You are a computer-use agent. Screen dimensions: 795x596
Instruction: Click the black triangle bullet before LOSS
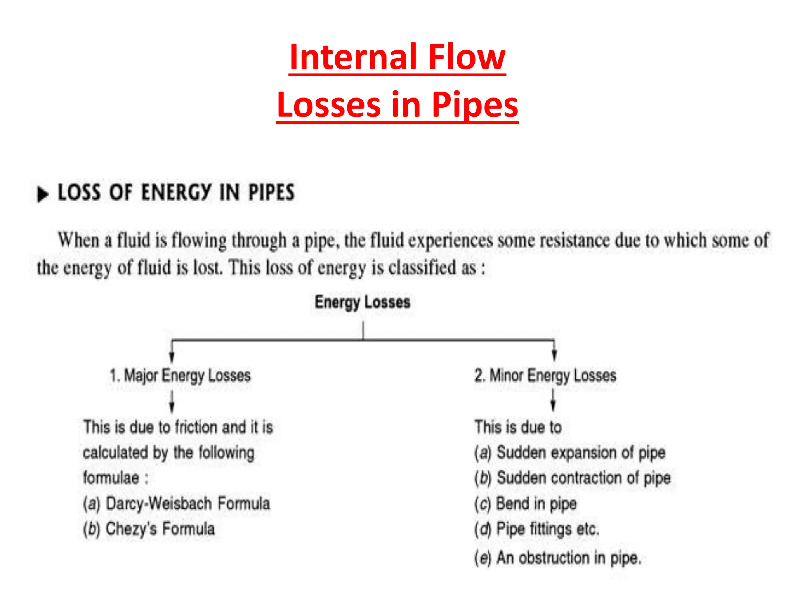coord(42,194)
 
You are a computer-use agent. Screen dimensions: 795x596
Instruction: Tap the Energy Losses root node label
coord(362,302)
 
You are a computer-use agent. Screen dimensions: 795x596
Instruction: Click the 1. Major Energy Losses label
coord(180,376)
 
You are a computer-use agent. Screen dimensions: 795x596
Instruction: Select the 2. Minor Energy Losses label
coord(545,376)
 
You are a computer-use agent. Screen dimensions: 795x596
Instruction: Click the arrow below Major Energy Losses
coord(172,402)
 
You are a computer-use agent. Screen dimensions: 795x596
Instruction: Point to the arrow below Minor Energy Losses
coord(553,400)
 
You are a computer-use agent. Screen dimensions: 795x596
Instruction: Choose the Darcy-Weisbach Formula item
coord(177,504)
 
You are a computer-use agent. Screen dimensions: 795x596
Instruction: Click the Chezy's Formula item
coord(149,529)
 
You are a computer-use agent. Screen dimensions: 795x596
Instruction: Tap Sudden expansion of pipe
coord(570,453)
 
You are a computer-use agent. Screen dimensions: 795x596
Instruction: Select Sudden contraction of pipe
coord(573,478)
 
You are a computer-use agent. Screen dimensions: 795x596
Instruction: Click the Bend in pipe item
coord(526,504)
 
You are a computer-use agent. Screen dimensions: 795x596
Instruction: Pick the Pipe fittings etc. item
coord(537,529)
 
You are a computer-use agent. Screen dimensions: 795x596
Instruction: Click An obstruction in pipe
coord(557,558)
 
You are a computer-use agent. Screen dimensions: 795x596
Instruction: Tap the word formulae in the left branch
coord(111,478)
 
